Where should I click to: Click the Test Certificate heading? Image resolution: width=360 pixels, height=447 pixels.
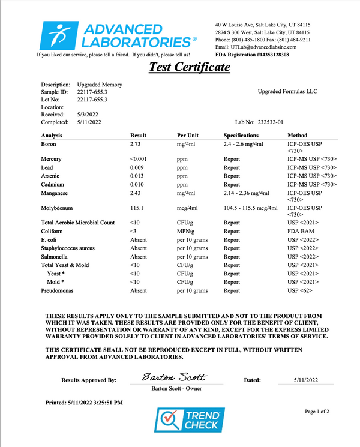pyautogui.click(x=190, y=67)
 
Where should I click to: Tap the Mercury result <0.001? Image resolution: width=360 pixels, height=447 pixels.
pyautogui.click(x=139, y=158)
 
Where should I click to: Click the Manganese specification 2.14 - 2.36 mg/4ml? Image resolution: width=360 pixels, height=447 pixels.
pyautogui.click(x=247, y=194)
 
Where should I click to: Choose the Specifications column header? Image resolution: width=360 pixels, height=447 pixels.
pyautogui.click(x=241, y=136)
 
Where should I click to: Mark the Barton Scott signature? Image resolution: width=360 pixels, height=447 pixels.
pyautogui.click(x=174, y=378)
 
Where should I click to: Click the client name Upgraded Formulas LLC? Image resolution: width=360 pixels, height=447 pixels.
pyautogui.click(x=287, y=92)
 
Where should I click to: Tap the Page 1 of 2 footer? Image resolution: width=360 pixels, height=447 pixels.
pyautogui.click(x=317, y=412)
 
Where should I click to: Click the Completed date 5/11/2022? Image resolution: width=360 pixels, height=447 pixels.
pyautogui.click(x=89, y=122)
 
